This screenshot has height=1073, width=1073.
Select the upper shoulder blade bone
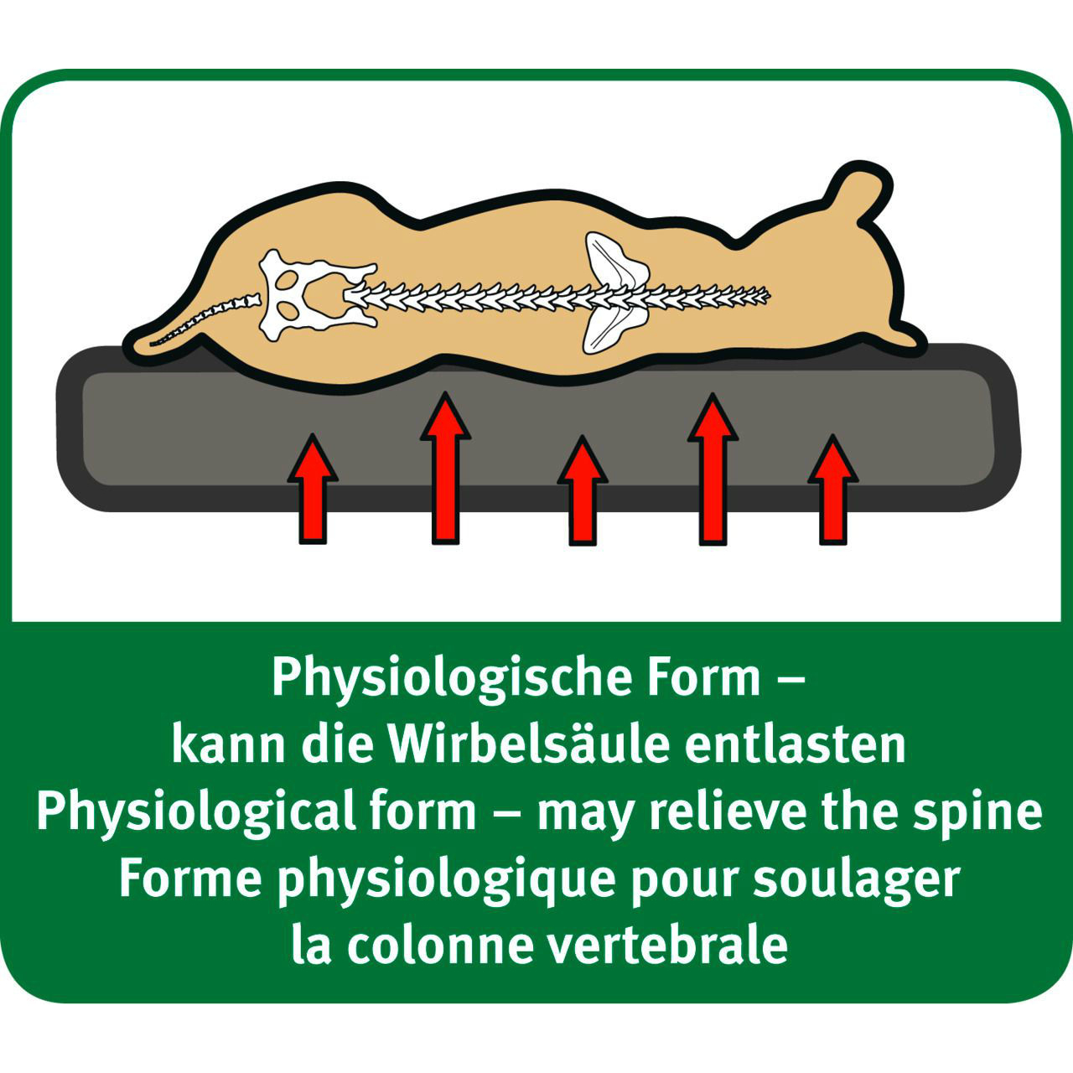(614, 258)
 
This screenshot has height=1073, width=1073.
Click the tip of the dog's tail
(151, 345)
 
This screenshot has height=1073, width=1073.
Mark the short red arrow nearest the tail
(313, 489)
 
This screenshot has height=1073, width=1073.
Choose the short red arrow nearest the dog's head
(833, 489)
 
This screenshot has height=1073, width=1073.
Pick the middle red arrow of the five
(583, 489)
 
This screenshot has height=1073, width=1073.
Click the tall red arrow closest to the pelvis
(445, 468)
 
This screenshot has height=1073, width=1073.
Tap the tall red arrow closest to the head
(713, 468)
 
